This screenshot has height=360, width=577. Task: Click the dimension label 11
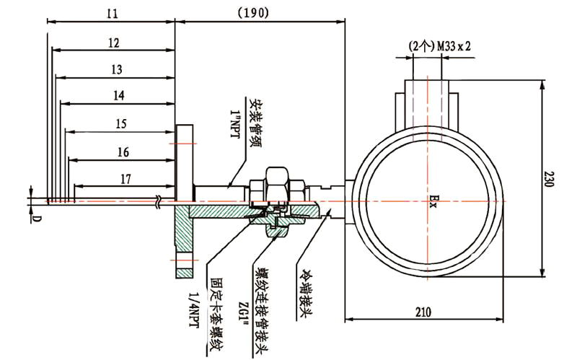coord(111,14)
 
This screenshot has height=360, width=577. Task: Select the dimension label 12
coord(113,43)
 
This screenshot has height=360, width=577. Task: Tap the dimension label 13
coord(116,69)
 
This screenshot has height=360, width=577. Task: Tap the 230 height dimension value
coord(550,179)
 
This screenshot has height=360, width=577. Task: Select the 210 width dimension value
coord(423,312)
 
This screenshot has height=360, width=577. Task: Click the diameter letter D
coord(35,217)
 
